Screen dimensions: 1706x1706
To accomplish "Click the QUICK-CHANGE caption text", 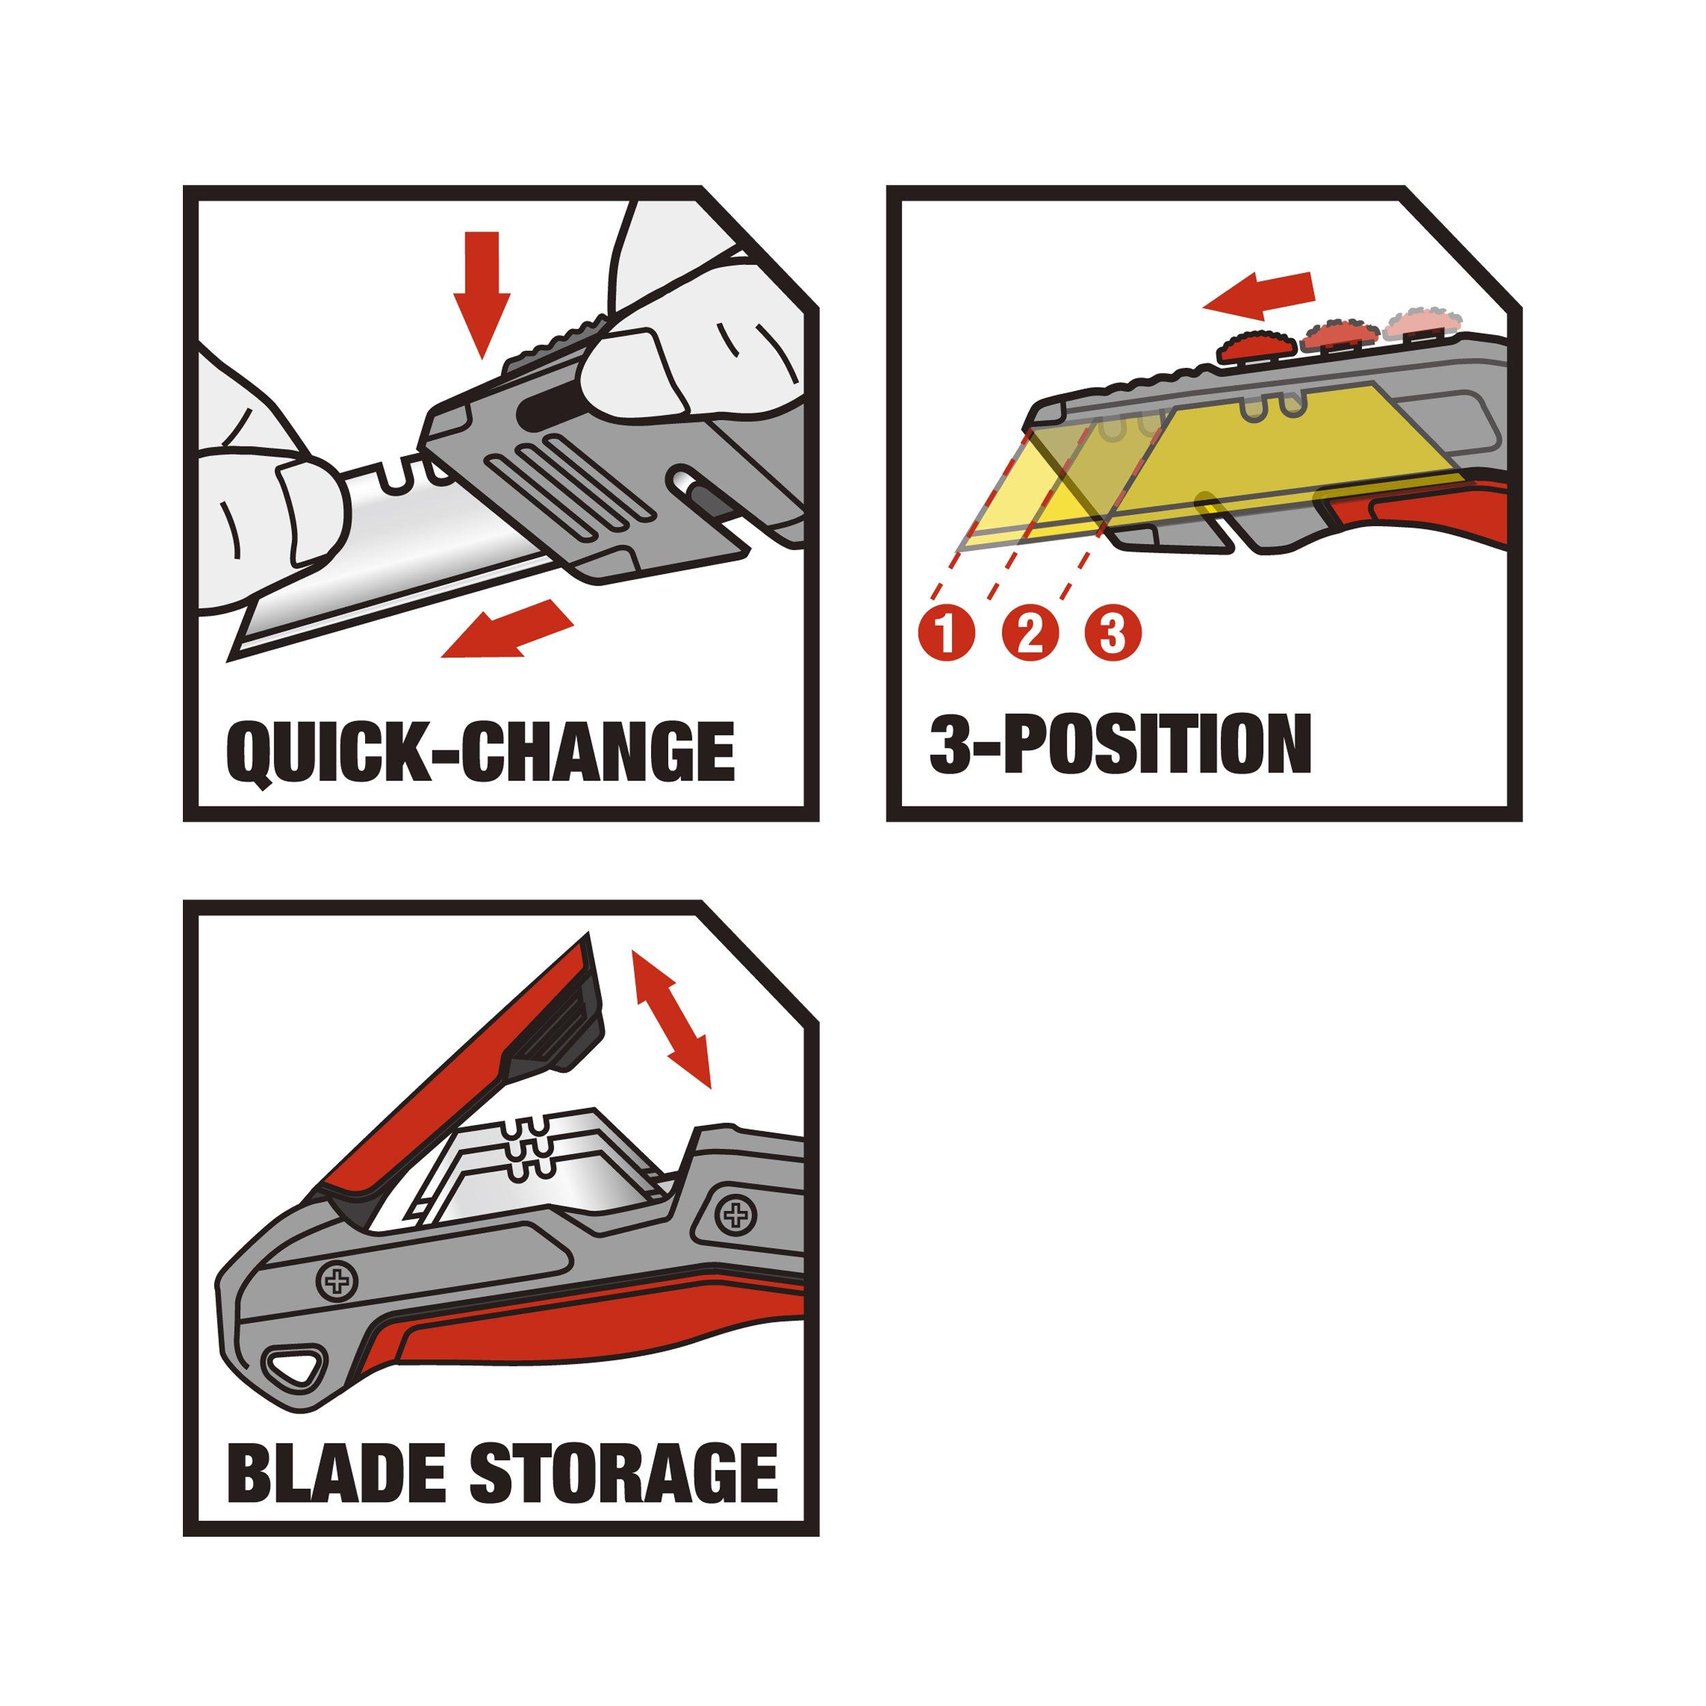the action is (x=481, y=752).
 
